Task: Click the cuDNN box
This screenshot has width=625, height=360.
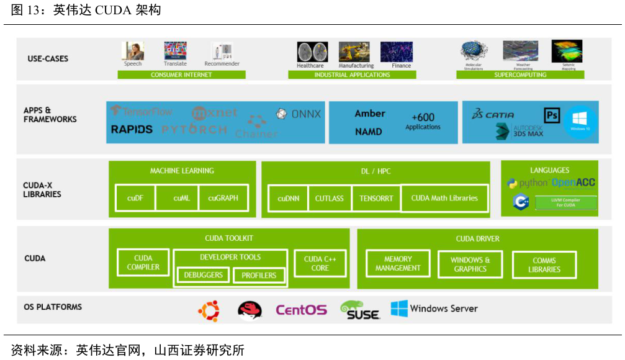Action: coord(287,199)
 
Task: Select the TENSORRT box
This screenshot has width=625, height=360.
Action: coord(376,199)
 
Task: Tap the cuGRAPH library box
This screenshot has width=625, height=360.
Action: coord(223,198)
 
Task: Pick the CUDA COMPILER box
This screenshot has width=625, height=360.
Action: coord(143,263)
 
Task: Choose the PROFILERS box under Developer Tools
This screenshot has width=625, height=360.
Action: coord(259,276)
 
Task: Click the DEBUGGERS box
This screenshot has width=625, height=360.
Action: coord(203,275)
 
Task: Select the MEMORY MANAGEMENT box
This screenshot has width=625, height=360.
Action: coord(398,264)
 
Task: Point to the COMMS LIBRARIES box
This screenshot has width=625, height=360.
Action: coord(544,265)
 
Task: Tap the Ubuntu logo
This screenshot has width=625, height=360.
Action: coord(209,310)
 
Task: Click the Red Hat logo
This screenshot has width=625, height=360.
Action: coord(250,310)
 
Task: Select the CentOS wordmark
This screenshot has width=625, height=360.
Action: coord(301,310)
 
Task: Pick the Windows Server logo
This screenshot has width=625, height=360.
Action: coord(434,308)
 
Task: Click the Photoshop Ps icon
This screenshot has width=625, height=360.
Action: coord(552,115)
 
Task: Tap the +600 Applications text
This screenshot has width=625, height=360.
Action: coord(423,121)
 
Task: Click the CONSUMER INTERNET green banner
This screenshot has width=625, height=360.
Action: coord(181,75)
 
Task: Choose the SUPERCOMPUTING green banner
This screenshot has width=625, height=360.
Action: coord(520,75)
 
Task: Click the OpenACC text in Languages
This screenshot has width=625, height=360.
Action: coord(573,183)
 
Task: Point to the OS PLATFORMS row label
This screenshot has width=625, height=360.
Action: coord(53,307)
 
